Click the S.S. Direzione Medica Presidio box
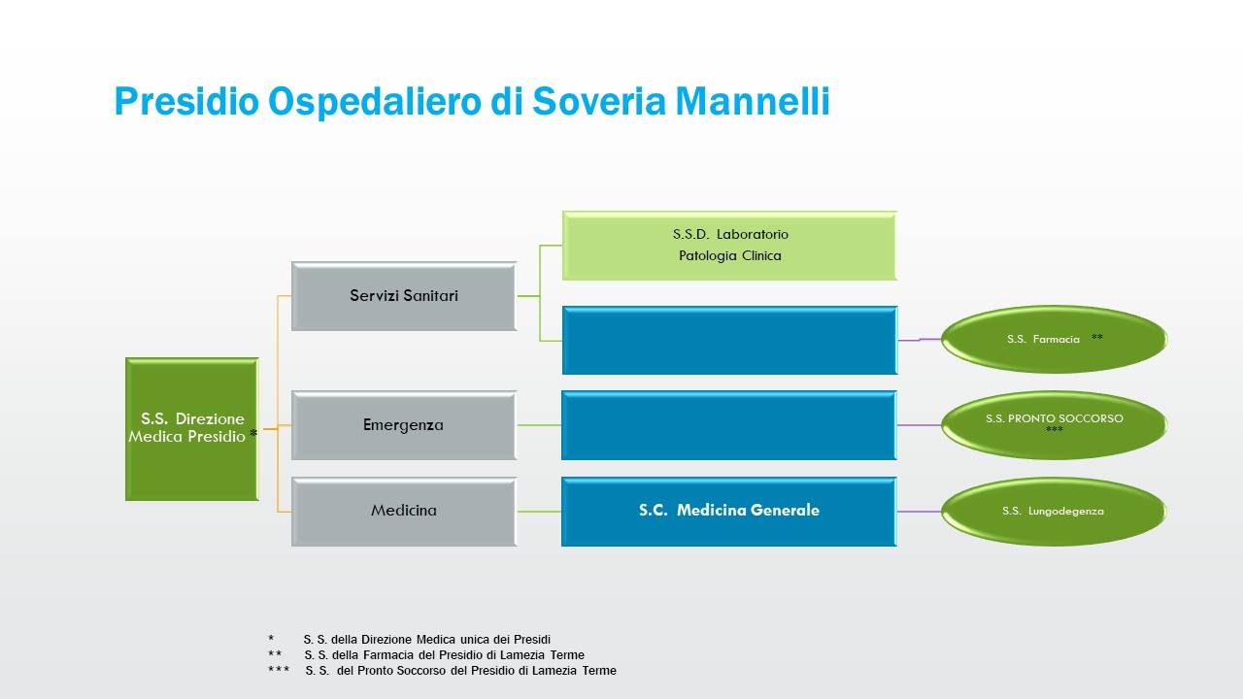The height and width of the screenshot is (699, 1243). coord(191,428)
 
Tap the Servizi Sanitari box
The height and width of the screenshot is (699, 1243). coord(403,295)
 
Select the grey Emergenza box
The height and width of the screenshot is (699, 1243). coord(403,425)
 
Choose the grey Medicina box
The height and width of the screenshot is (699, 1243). coord(403,511)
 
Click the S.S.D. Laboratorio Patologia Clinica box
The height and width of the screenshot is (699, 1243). coord(729,246)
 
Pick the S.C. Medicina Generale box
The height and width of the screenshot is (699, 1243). coord(728,511)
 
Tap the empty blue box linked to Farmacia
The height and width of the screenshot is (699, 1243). coord(728,340)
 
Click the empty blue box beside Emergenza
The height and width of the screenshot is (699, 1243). coord(728,425)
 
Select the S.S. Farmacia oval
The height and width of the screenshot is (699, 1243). coord(1053,340)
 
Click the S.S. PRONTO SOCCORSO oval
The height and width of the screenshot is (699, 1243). coord(1053,424)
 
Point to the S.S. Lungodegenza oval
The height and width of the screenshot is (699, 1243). coord(1053,511)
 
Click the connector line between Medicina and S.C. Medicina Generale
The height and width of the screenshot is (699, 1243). coord(539,512)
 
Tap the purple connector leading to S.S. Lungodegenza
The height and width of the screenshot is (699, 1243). coord(919,512)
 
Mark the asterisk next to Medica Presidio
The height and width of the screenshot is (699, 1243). coord(252,435)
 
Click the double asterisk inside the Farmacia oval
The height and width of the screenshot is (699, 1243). coord(1096,338)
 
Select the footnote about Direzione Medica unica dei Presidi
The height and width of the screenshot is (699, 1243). coord(426,640)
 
